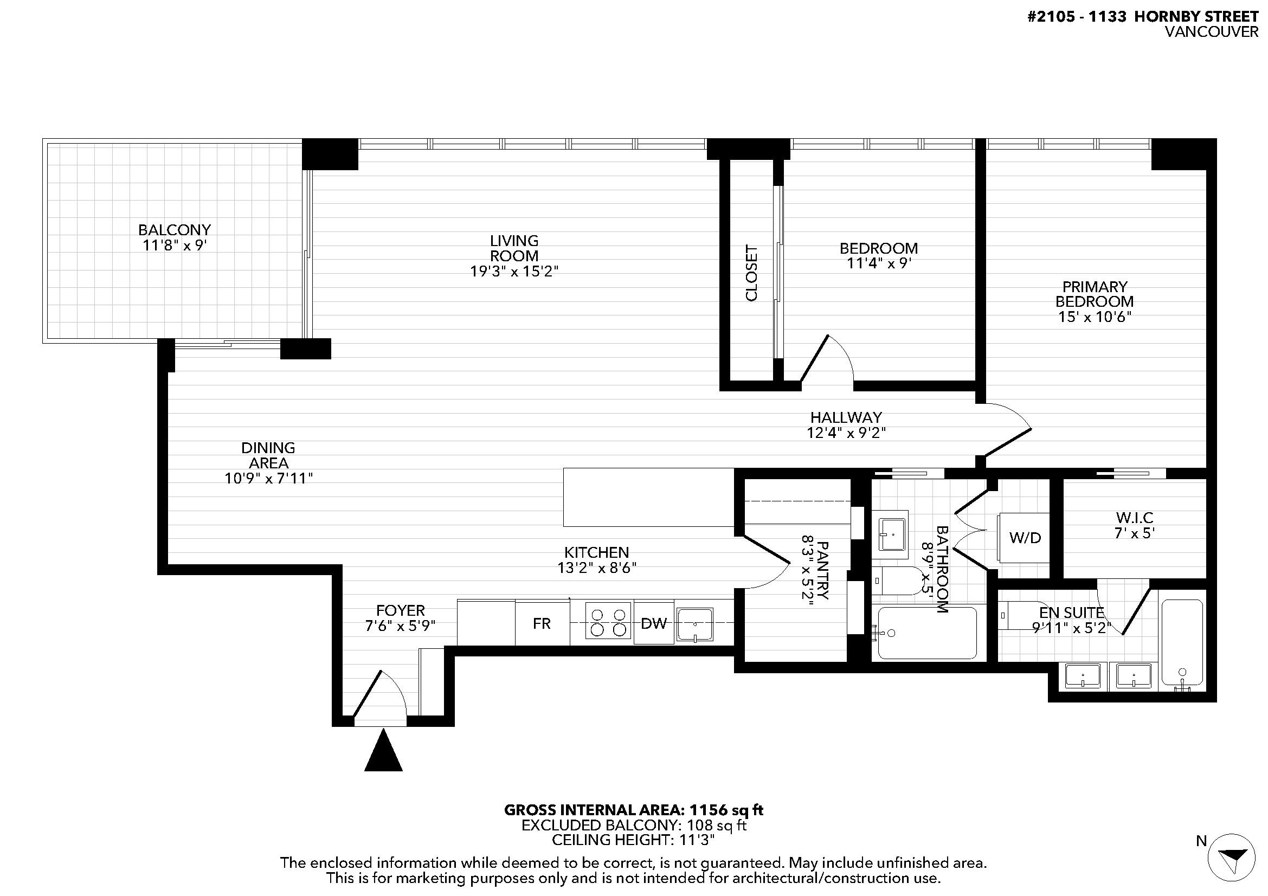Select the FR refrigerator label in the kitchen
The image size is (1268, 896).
coord(542,623)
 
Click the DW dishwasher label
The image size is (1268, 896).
coord(654,623)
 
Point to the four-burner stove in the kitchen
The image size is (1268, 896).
coord(608,623)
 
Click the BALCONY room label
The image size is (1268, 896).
coord(175,230)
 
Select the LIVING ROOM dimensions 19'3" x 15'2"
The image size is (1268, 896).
coord(514,272)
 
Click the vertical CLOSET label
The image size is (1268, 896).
coord(751,273)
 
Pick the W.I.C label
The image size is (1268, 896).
coord(1135,518)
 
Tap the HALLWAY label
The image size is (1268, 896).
coord(846,417)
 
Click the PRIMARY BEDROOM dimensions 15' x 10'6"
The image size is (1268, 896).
coord(1095,317)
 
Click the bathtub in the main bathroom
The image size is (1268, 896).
coord(926,633)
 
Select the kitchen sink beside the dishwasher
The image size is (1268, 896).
coord(695,624)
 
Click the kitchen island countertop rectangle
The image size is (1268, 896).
coord(649,497)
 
